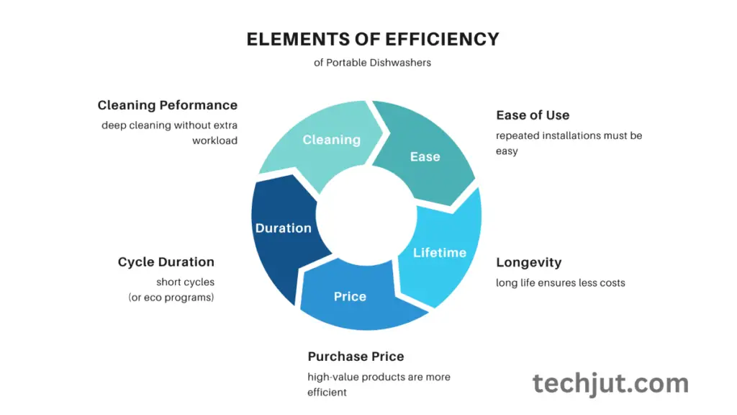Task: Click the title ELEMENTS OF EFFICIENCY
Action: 373,39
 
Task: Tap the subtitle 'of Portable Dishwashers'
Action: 372,63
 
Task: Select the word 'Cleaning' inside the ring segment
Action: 331,140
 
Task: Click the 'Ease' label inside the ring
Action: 425,156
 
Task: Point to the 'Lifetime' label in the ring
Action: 440,253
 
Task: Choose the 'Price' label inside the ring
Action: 350,296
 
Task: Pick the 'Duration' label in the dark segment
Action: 284,228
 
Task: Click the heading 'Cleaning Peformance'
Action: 167,105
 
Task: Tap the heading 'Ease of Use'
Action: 533,115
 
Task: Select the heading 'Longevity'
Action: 529,262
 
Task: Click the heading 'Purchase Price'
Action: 356,357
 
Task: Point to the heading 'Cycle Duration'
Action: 166,262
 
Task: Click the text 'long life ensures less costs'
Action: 561,282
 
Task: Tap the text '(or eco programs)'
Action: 171,298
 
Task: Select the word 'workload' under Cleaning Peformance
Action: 214,140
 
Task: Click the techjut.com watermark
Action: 610,383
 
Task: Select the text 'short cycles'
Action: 185,282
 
